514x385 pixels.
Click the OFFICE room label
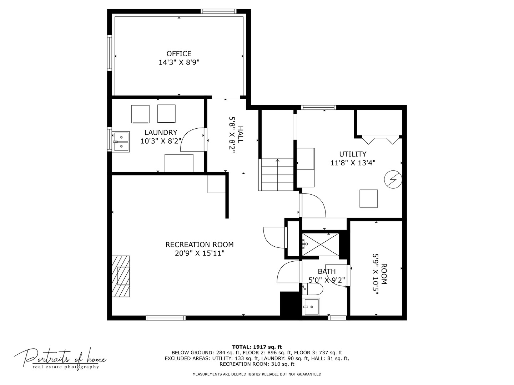(179, 54)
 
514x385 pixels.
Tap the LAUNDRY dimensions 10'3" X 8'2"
(161, 141)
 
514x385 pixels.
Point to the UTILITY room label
(353, 154)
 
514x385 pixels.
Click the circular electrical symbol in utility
(393, 180)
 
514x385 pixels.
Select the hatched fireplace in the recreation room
(121, 276)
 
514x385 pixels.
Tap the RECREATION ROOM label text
(199, 245)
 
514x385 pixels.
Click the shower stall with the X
(321, 244)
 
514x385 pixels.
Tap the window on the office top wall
(218, 11)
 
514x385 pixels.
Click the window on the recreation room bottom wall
(166, 318)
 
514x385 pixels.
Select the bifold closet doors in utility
(381, 139)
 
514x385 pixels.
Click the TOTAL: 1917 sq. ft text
(257, 347)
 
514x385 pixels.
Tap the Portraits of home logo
(60, 358)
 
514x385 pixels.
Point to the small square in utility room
(368, 199)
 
